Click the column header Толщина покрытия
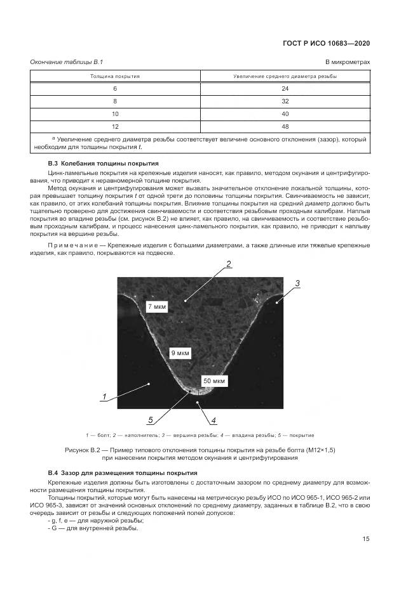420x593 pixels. pyautogui.click(x=115, y=76)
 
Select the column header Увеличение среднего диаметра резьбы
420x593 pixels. pyautogui.click(x=285, y=76)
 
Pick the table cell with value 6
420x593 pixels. pyautogui.click(x=115, y=88)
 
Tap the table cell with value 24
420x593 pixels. pyautogui.click(x=285, y=88)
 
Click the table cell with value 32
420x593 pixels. pyautogui.click(x=285, y=101)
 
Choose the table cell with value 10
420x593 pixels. pyautogui.click(x=115, y=114)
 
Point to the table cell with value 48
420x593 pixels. pyautogui.click(x=285, y=126)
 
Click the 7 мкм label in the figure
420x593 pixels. pyautogui.click(x=157, y=307)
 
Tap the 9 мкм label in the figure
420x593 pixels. pyautogui.click(x=180, y=353)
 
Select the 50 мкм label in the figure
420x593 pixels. pyautogui.click(x=213, y=381)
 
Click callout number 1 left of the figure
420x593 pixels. pyautogui.click(x=103, y=397)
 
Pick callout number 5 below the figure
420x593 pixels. pyautogui.click(x=151, y=419)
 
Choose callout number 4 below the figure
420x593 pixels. pyautogui.click(x=213, y=420)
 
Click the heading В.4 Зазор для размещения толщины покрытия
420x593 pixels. pyautogui.click(x=123, y=473)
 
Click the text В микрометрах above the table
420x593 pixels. pyautogui.click(x=348, y=61)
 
